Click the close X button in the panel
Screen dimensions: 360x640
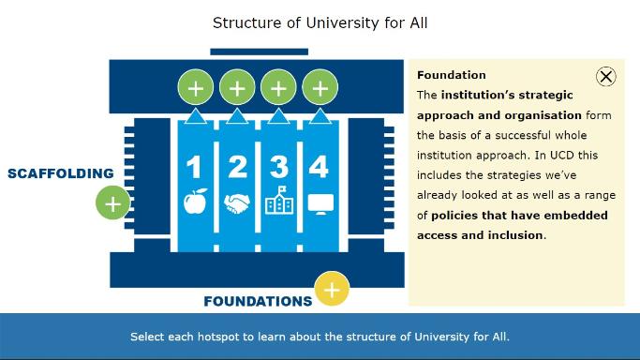[x=606, y=77]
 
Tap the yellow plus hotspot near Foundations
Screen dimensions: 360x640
[x=332, y=290]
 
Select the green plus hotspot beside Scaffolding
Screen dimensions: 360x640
[x=112, y=203]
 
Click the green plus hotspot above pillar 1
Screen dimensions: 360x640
[x=195, y=88]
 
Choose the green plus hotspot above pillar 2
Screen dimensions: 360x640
[x=237, y=88]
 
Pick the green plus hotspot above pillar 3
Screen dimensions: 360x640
[x=278, y=88]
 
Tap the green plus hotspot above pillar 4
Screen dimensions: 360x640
[x=320, y=88]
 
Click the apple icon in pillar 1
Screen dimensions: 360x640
[x=195, y=202]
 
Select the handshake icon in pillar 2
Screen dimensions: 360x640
[x=237, y=202]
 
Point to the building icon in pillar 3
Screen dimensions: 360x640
[x=278, y=201]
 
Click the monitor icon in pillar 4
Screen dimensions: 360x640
[x=320, y=202]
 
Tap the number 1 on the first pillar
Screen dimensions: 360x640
[x=194, y=167]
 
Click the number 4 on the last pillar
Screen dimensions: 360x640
[x=319, y=166]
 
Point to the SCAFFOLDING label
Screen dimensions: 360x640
[x=61, y=173]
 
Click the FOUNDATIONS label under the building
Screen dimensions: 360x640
[x=258, y=301]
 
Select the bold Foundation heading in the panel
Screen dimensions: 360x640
[x=452, y=75]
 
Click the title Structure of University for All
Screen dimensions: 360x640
[x=320, y=22]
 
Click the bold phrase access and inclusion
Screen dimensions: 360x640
[x=480, y=235]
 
